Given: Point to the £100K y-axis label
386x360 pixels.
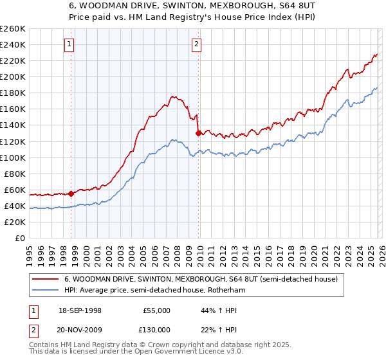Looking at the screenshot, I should tap(13, 157).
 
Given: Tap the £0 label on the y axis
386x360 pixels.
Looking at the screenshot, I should tap(19, 239).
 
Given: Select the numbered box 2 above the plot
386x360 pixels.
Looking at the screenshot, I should tap(196, 44).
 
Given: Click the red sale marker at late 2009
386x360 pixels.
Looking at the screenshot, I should tap(198, 133).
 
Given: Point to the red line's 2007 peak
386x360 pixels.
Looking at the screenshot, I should tap(172, 97).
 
